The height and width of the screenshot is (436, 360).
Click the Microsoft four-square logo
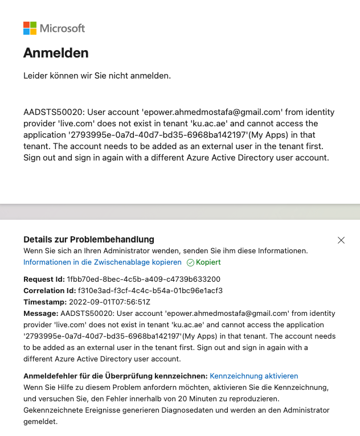click(30, 28)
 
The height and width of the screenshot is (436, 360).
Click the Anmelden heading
click(56, 53)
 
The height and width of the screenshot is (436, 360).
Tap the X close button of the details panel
click(341, 240)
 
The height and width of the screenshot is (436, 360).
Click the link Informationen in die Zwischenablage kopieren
click(103, 262)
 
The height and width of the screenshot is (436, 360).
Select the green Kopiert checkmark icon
click(190, 262)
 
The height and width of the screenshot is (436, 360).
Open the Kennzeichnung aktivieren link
click(254, 376)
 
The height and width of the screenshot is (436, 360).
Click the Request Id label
click(44, 279)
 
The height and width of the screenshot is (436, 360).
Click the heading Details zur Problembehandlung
click(89, 240)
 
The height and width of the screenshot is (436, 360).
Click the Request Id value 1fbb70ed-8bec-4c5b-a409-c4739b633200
click(144, 279)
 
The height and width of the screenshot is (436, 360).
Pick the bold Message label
click(40, 314)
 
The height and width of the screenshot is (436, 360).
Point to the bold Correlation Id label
click(49, 291)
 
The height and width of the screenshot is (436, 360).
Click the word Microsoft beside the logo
click(62, 28)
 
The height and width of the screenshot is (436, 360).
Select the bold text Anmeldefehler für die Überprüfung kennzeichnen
click(115, 376)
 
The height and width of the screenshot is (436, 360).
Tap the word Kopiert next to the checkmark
click(208, 262)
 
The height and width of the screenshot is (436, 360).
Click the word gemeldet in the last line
click(41, 422)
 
